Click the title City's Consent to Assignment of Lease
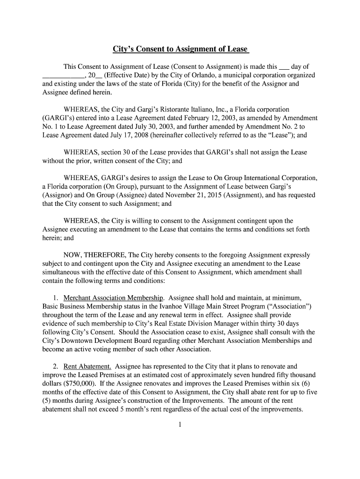tap(180, 49)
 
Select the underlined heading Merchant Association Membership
tap(114, 298)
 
